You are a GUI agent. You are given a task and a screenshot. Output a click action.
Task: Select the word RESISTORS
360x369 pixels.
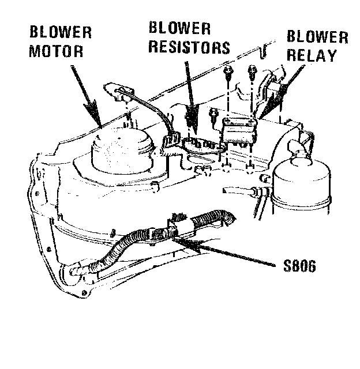tap(189, 47)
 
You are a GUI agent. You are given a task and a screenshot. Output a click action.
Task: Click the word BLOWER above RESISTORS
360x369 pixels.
tap(180, 28)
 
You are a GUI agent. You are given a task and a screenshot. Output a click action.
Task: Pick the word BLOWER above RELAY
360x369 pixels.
tap(317, 39)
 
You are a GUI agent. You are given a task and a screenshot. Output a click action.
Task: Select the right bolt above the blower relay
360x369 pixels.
tap(252, 71)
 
